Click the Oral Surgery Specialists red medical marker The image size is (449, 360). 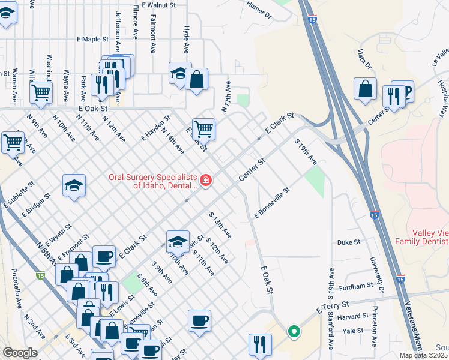point(206,180)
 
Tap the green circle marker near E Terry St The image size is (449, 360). point(294,331)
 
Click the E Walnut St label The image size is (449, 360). point(155,4)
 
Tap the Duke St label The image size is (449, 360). point(348,242)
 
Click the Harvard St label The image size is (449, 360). point(352,316)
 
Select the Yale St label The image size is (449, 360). point(352,330)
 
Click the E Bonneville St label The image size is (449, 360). point(272,202)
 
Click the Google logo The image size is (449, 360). point(20,353)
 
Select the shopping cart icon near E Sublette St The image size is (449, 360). point(13,142)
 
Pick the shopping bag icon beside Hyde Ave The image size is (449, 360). point(196,79)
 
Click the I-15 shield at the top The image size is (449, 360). point(314,20)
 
